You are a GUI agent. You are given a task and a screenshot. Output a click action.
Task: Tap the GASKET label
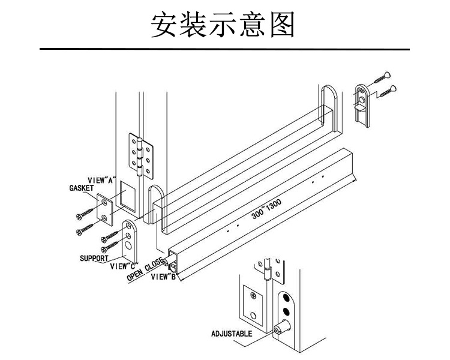click(x=82, y=188)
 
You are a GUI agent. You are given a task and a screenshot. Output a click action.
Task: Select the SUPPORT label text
click(x=94, y=259)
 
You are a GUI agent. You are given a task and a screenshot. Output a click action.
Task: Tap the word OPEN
click(x=135, y=274)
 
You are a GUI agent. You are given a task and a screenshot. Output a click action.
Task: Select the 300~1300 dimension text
click(x=266, y=208)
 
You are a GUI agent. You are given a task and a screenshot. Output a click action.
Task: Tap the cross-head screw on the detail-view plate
click(x=254, y=296)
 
